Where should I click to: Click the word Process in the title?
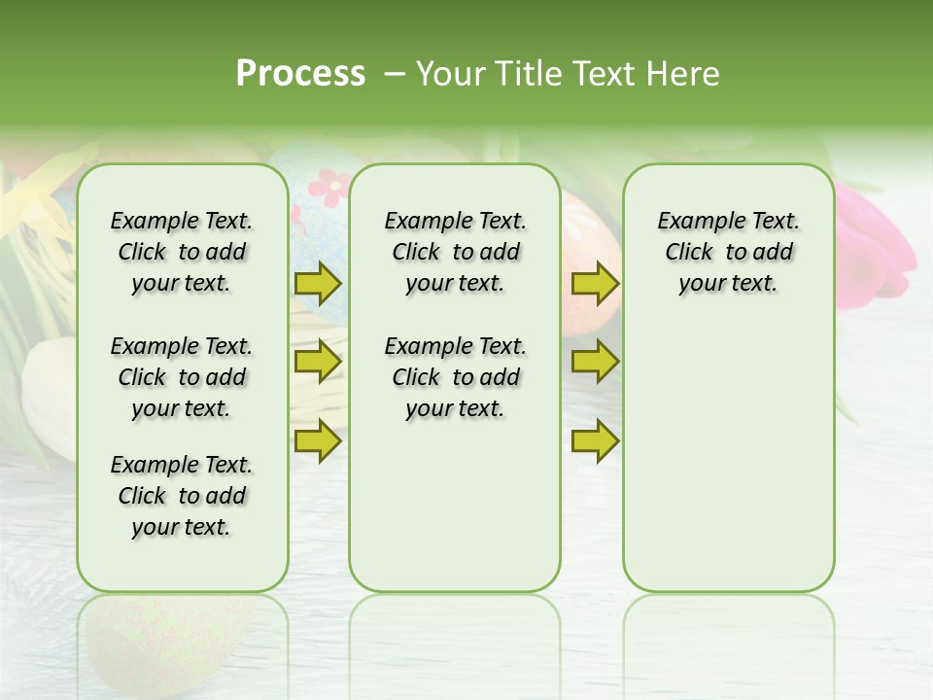300,74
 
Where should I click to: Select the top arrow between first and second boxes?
318,283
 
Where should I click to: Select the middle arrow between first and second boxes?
318,362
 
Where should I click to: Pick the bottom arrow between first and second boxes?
318,440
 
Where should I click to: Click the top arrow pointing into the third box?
595,283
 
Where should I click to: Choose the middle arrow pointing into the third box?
595,362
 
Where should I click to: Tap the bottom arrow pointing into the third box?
595,440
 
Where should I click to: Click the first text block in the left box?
182,252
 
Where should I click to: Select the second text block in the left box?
182,377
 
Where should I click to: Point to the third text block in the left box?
182,496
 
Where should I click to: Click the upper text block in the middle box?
455,252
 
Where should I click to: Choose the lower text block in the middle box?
455,377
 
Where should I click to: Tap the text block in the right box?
728,252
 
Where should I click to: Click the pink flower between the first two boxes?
331,186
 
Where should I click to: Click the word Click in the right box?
689,253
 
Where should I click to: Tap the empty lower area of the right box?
728,457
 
